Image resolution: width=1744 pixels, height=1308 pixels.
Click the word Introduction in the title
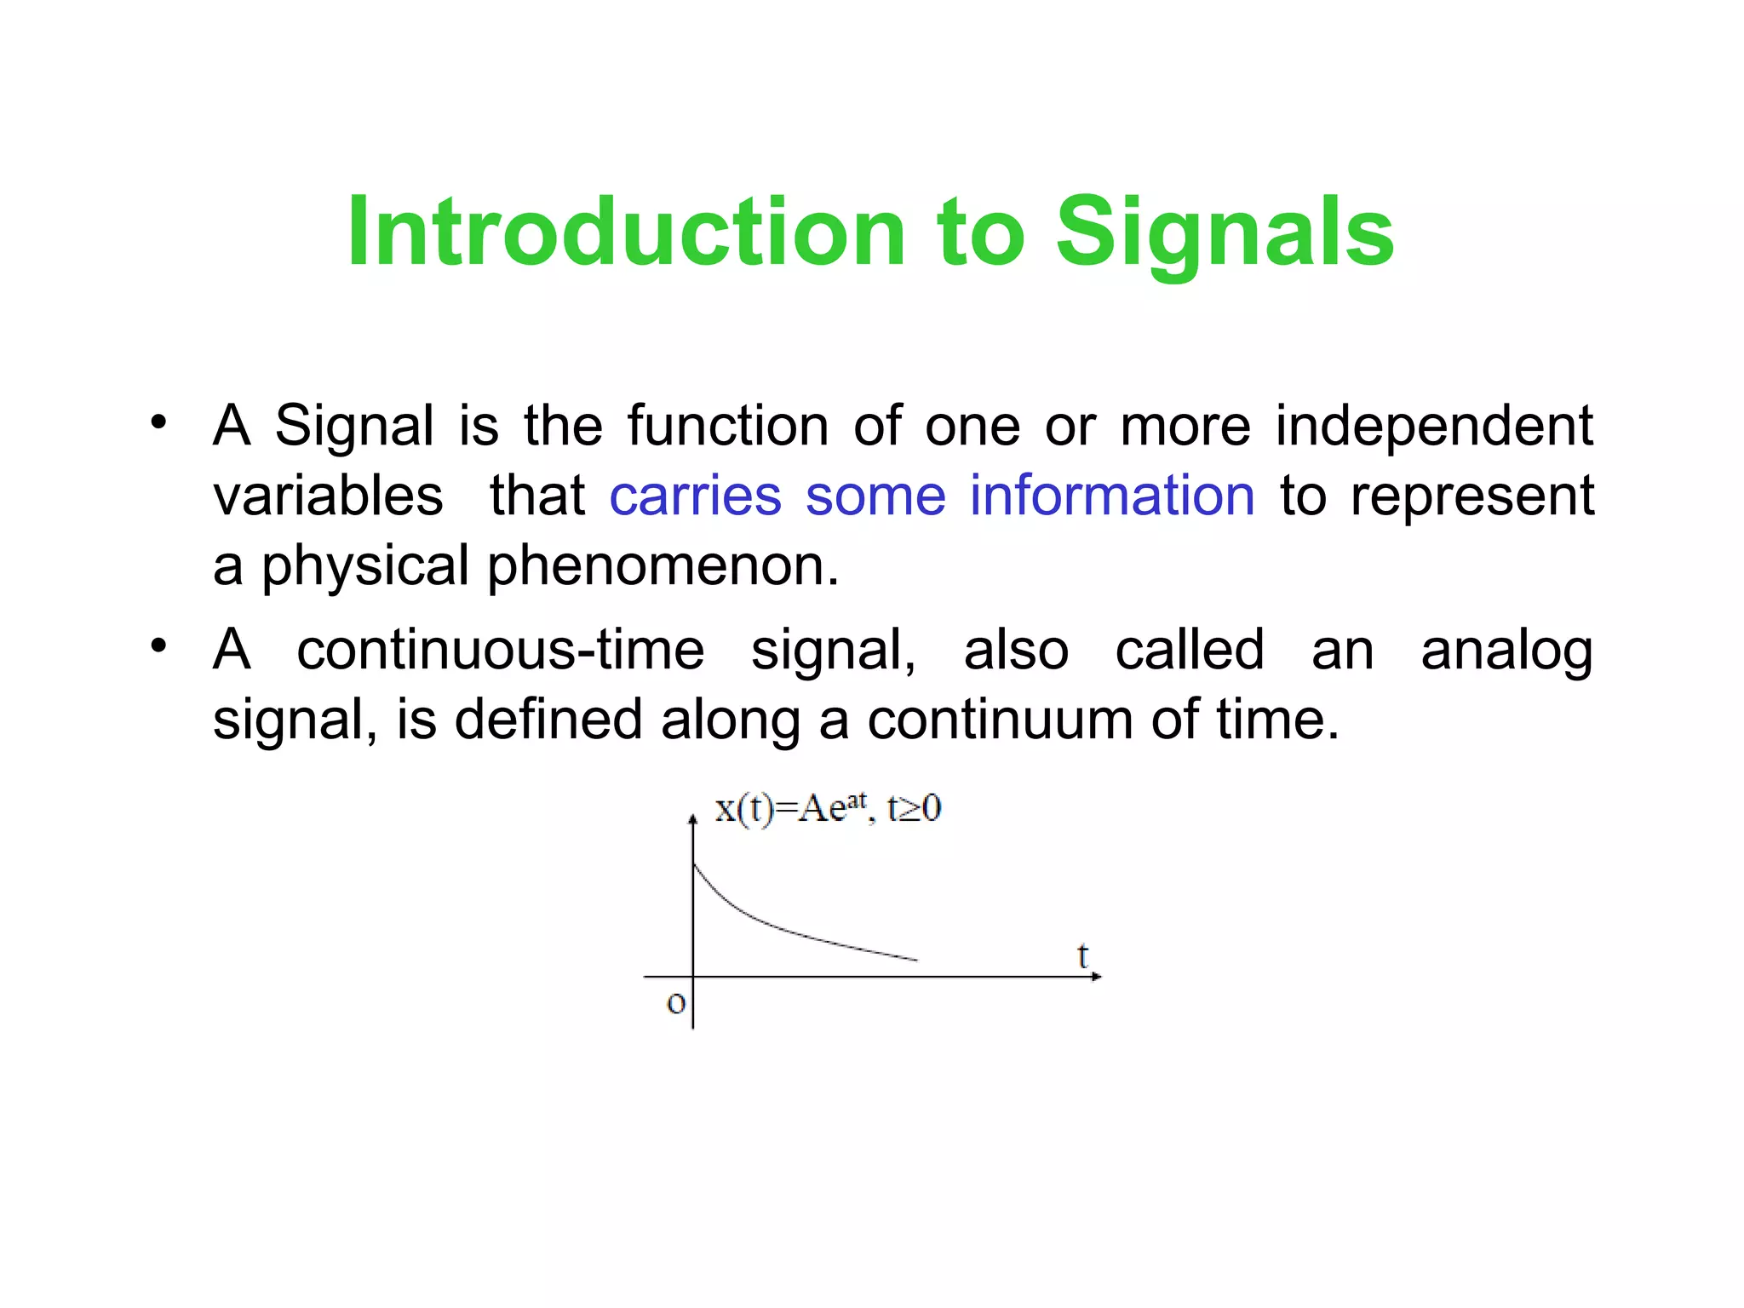coord(626,232)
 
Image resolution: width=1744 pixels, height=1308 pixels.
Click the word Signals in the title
coord(1225,232)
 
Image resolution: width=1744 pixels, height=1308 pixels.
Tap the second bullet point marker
coord(158,646)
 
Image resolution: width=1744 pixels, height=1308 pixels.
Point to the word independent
coord(1433,426)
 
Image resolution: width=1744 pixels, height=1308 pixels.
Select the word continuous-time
coord(500,651)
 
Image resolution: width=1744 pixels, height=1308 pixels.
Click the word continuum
coord(1001,720)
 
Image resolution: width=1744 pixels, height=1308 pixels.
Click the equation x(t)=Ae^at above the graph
coord(789,808)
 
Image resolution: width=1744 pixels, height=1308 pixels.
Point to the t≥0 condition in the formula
coord(914,808)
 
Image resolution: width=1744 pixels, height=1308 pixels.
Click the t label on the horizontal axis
coord(1082,955)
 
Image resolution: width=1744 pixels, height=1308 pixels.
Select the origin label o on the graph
coord(675,1003)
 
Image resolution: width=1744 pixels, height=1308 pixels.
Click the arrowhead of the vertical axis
coord(693,819)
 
